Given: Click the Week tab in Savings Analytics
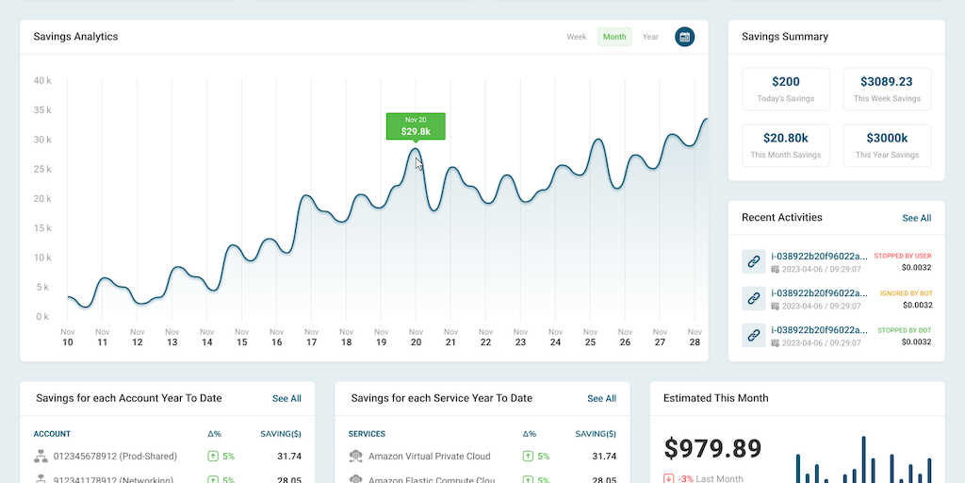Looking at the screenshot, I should click(577, 37).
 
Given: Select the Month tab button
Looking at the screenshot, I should click(614, 37).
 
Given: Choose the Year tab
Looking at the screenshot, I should click(650, 37).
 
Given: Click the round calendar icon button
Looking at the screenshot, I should click(685, 37).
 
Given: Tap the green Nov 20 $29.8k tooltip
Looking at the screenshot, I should click(416, 126).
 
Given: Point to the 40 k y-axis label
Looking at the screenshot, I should click(42, 81).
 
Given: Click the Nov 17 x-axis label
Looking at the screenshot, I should click(311, 337).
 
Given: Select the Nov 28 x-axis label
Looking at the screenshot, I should click(695, 337).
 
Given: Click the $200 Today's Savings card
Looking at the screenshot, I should click(786, 90).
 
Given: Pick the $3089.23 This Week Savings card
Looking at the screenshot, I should click(887, 90).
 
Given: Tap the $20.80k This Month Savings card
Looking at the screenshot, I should click(786, 145).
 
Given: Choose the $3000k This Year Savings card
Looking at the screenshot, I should click(887, 145).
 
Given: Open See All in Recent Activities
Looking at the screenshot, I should click(916, 218).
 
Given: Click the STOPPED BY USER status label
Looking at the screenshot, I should click(902, 256).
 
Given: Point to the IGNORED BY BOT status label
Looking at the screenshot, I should click(906, 293).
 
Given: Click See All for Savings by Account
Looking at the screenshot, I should click(286, 399).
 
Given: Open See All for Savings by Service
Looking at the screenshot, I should click(601, 399).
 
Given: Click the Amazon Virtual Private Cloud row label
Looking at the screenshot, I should click(429, 457).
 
